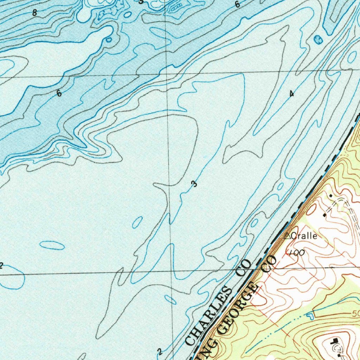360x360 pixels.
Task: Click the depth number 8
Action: [34, 13]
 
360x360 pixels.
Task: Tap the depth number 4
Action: [291, 94]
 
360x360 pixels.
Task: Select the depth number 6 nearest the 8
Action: [59, 94]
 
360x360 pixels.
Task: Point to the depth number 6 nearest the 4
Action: [237, 5]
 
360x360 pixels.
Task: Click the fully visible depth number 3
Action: [194, 184]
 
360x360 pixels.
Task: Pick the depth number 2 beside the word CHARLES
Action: [160, 352]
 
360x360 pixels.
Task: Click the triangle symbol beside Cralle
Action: [287, 236]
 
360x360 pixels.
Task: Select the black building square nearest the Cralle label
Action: [324, 214]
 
